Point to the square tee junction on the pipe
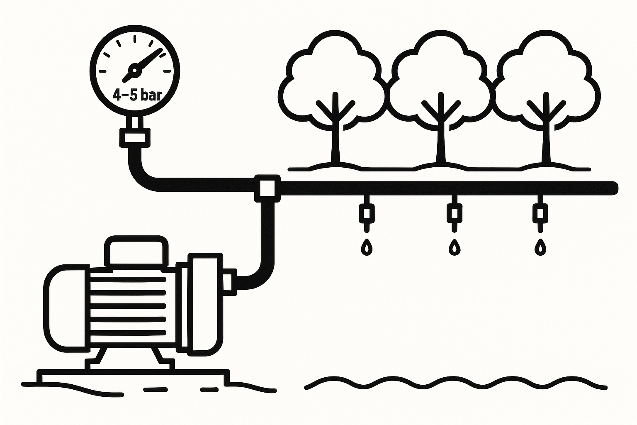(x=267, y=188)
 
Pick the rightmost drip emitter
(x=540, y=213)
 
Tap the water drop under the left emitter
(x=367, y=247)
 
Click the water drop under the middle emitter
(x=455, y=247)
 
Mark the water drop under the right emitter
(x=540, y=247)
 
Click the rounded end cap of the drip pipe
(x=615, y=188)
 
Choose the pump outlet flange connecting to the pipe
(x=229, y=282)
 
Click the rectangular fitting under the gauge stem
(x=134, y=137)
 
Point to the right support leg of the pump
(x=157, y=355)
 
